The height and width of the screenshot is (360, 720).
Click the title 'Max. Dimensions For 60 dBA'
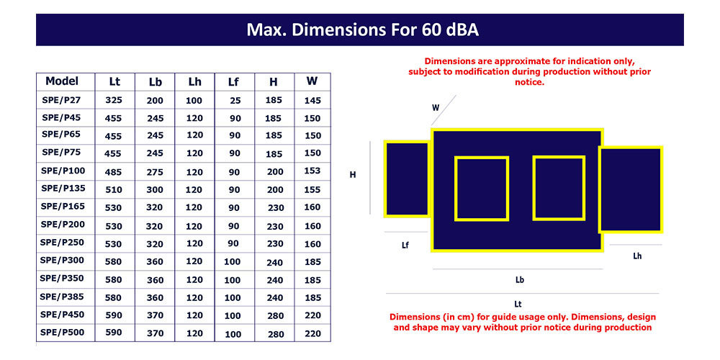click(x=363, y=30)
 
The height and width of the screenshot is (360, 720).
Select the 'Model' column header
click(x=62, y=81)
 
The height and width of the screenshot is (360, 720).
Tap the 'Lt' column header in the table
click(x=114, y=82)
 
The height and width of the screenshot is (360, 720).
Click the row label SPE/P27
click(x=61, y=99)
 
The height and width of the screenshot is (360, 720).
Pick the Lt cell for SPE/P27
click(x=114, y=99)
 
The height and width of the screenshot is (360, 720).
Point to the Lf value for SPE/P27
click(x=235, y=100)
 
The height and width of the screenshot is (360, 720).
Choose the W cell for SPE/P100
click(x=312, y=171)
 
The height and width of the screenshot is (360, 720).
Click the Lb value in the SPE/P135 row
click(x=155, y=189)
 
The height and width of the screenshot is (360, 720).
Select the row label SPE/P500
click(x=62, y=332)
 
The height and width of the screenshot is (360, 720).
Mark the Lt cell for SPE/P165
click(x=114, y=207)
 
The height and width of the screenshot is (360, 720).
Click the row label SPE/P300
click(x=62, y=261)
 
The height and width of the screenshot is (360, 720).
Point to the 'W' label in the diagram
click(x=436, y=108)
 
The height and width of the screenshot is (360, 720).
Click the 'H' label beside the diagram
click(x=353, y=175)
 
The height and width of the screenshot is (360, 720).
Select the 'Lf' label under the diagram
click(x=405, y=246)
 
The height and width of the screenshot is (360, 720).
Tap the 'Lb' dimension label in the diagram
click(x=520, y=279)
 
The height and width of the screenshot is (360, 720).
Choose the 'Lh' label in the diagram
click(x=637, y=256)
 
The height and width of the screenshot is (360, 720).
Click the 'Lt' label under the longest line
click(x=518, y=304)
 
